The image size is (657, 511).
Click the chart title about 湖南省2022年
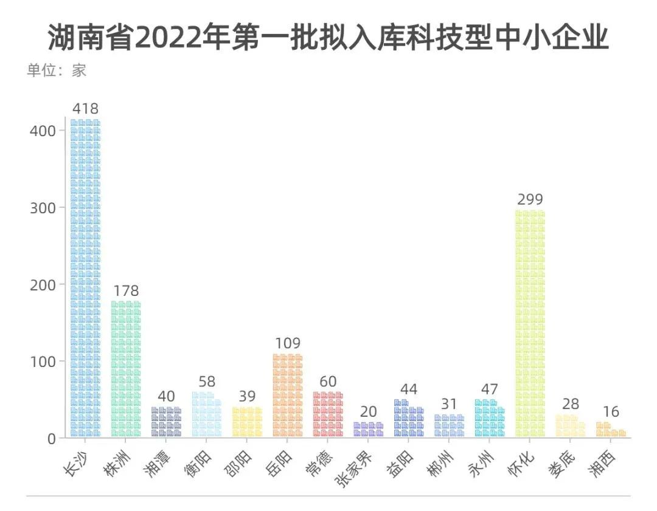(328, 38)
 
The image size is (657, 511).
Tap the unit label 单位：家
(57, 70)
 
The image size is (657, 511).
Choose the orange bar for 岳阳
(288, 396)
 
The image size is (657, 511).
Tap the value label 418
(85, 109)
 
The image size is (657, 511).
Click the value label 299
(530, 199)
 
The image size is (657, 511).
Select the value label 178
(126, 290)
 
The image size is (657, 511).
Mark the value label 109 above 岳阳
(288, 343)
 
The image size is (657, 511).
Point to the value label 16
(611, 412)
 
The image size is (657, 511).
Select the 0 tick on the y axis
(51, 438)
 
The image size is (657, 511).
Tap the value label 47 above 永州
(490, 389)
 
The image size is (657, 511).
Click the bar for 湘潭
(166, 422)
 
